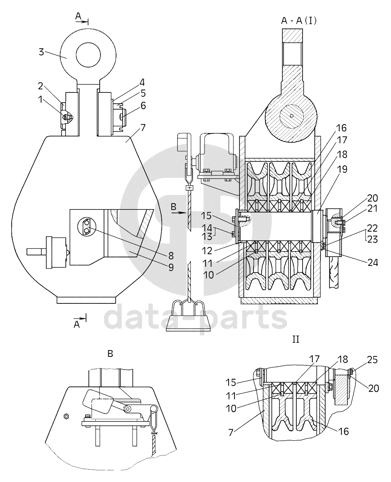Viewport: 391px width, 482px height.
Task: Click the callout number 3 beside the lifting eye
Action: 41,52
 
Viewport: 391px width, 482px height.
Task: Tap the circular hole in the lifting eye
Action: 88,55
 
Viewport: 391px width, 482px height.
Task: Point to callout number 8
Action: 171,256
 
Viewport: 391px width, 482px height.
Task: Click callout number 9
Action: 171,268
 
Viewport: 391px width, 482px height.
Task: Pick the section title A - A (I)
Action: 299,21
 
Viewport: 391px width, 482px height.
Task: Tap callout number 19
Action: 342,169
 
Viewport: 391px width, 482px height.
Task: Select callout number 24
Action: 372,263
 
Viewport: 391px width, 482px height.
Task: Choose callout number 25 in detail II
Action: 372,360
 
